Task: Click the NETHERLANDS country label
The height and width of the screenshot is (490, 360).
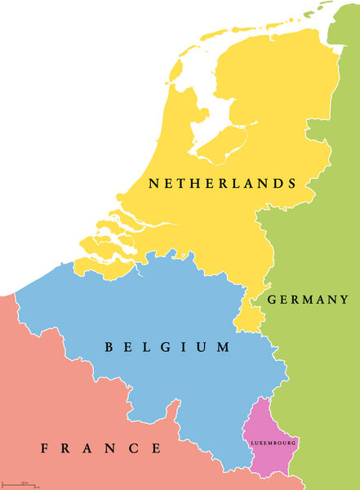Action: click(x=221, y=184)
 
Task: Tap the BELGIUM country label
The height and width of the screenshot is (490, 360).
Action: click(x=167, y=348)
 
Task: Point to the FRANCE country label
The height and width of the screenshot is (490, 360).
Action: click(x=101, y=448)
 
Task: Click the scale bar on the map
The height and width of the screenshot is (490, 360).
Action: click(x=20, y=486)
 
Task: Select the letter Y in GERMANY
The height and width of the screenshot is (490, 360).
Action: click(x=344, y=300)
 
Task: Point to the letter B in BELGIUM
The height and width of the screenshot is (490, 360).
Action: click(x=109, y=348)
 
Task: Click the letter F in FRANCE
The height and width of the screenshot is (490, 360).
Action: click(x=45, y=448)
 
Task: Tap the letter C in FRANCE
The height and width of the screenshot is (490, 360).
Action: click(x=133, y=448)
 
